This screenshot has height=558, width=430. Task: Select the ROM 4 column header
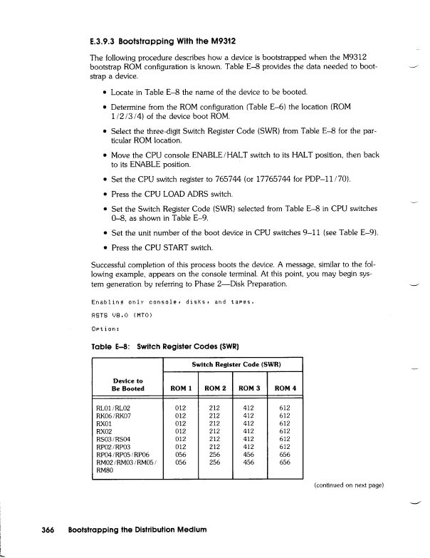point(285,388)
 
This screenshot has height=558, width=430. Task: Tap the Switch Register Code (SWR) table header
point(234,365)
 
